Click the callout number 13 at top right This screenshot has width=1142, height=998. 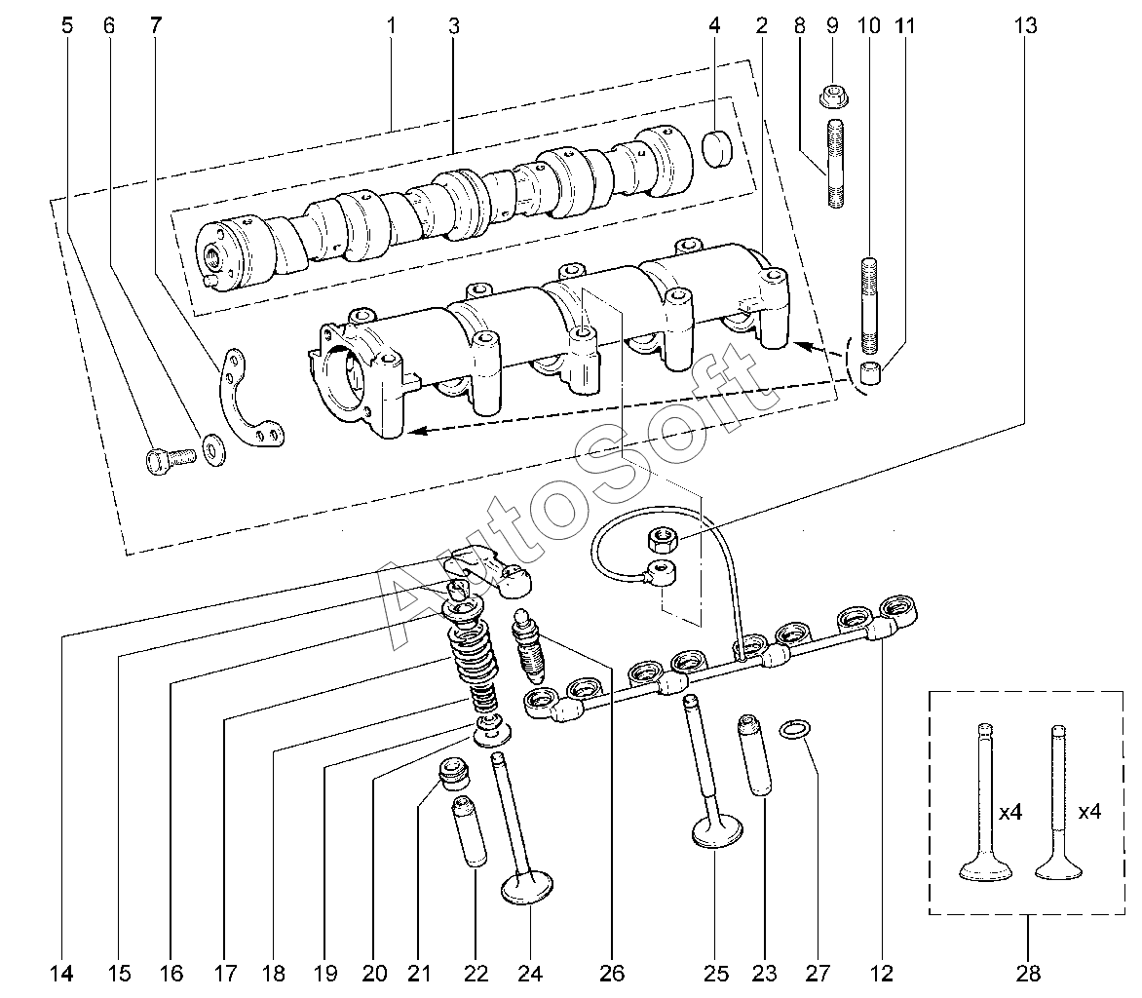[1026, 26]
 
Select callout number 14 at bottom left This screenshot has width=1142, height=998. [61, 972]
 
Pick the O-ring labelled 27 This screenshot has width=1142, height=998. [797, 729]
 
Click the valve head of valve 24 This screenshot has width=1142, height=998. [526, 889]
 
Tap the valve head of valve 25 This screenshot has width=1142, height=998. [717, 833]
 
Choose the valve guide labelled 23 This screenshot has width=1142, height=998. [756, 756]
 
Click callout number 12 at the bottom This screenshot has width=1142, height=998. [883, 972]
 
